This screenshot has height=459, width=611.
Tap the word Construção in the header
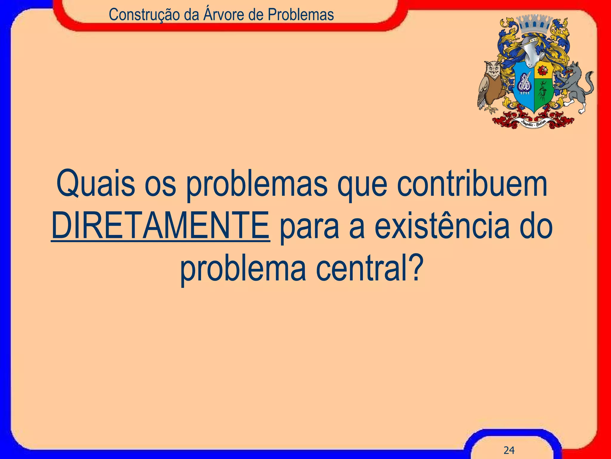pos(145,15)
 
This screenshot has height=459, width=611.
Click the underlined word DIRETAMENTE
pos(161,226)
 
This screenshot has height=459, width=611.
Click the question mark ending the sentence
pos(415,267)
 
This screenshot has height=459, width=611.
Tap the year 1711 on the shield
pos(525,93)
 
